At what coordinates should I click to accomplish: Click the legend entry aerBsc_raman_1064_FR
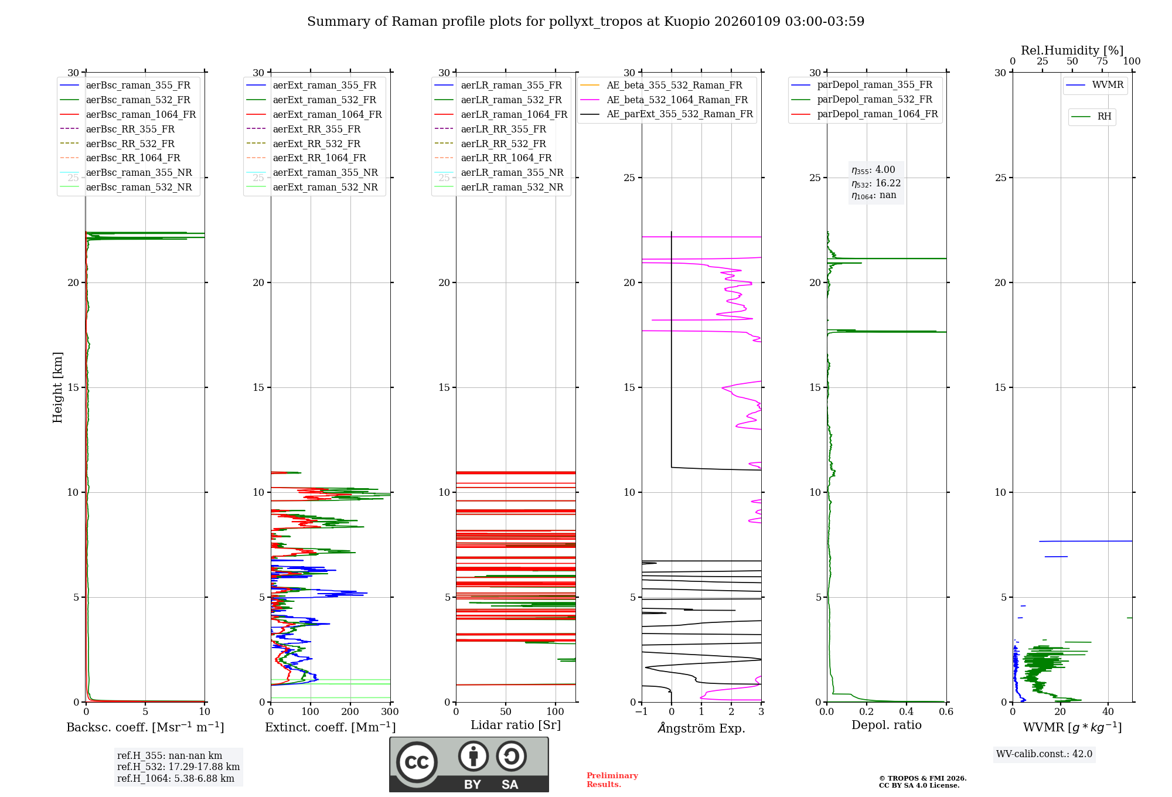pos(141,115)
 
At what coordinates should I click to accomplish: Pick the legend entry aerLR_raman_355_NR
pos(512,173)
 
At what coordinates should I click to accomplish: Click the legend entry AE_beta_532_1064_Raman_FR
pos(677,100)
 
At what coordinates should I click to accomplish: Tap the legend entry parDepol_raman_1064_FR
pos(877,114)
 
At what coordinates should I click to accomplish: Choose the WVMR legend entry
pos(1108,85)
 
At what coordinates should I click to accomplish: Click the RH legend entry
pos(1104,117)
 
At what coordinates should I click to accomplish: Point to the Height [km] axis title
pos(57,387)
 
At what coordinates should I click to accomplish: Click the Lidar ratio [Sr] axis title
pos(516,726)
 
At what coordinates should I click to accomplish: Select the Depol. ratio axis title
pos(886,726)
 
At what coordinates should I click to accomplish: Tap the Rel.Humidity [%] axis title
pos(1072,50)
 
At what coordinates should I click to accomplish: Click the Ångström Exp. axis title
pos(701,728)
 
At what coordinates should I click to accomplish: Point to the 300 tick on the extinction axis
pos(390,712)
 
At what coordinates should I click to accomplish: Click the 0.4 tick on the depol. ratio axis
pos(907,712)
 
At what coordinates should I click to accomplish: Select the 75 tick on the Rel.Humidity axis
pos(1102,62)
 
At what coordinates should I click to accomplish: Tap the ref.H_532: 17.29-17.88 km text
pos(178,767)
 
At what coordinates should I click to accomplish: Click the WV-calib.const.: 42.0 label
pos(1044,754)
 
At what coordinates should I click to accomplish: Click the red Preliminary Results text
pos(612,780)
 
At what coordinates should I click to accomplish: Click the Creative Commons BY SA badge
pos(469,765)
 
